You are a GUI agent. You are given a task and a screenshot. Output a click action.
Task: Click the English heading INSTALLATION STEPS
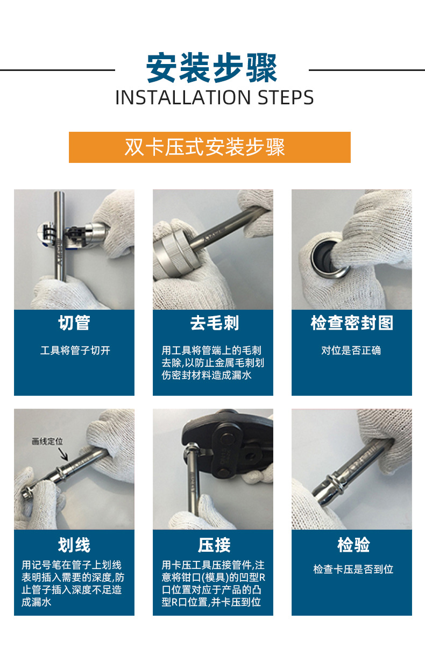point(214,98)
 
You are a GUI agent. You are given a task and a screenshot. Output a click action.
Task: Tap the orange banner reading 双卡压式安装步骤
point(209,147)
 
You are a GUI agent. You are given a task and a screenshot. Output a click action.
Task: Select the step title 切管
point(74,323)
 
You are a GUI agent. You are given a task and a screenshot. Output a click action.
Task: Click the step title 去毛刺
point(214,323)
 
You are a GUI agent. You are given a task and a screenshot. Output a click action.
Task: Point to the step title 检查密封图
point(351,323)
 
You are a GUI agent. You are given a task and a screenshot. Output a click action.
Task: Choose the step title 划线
point(74,545)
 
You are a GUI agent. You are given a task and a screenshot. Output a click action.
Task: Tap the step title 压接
point(214,545)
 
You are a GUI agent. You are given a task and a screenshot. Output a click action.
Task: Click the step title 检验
point(352,545)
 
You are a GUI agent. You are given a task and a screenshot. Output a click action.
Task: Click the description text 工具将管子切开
point(75,351)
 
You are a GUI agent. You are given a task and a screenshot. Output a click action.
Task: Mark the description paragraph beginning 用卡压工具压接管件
point(212,584)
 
